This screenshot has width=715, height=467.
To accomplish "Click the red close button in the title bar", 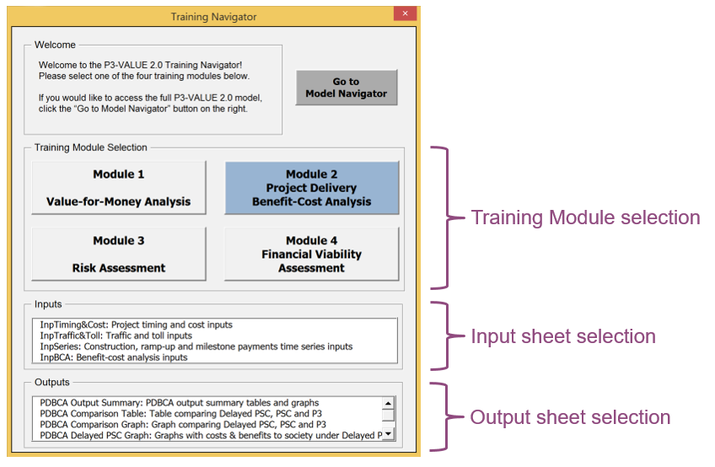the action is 405,13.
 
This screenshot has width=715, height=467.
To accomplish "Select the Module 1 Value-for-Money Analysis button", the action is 119,187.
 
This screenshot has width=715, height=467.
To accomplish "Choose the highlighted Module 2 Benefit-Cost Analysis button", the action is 311,187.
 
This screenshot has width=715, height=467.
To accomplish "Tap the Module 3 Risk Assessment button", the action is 119,254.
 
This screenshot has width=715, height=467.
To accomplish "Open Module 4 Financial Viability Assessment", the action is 311,254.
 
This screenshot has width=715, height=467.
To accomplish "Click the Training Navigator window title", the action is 213,17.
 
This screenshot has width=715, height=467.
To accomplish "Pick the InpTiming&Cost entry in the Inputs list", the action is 136,325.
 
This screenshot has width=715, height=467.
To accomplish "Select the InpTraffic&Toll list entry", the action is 116,335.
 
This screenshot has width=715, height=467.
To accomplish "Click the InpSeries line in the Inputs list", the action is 196,346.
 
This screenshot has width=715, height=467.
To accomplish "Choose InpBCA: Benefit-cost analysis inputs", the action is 114,357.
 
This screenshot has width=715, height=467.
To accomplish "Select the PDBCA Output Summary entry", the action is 180,403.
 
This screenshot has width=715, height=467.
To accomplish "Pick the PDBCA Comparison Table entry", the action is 180,414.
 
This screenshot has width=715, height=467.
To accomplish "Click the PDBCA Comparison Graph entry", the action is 183,425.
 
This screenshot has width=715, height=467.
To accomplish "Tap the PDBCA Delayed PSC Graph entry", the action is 211,436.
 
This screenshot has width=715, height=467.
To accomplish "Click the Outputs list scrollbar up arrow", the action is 388,403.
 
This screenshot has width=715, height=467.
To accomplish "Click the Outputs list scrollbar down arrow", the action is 388,434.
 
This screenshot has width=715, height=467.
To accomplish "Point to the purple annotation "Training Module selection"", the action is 585,217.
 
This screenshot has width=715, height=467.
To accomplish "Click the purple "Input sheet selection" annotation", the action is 563,336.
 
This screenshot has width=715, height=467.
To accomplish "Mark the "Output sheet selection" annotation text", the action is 570,417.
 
